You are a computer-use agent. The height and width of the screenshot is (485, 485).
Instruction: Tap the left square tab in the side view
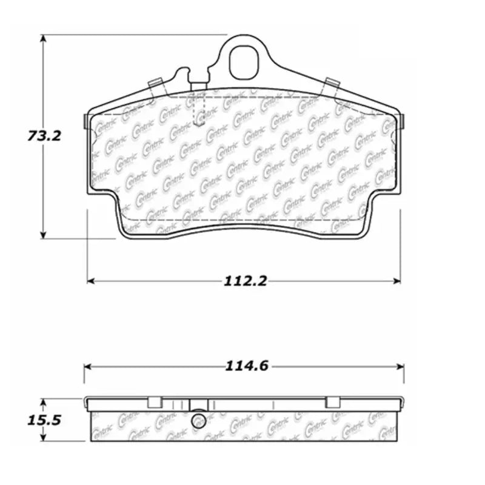(155, 402)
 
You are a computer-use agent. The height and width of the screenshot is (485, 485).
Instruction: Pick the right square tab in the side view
(333, 402)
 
